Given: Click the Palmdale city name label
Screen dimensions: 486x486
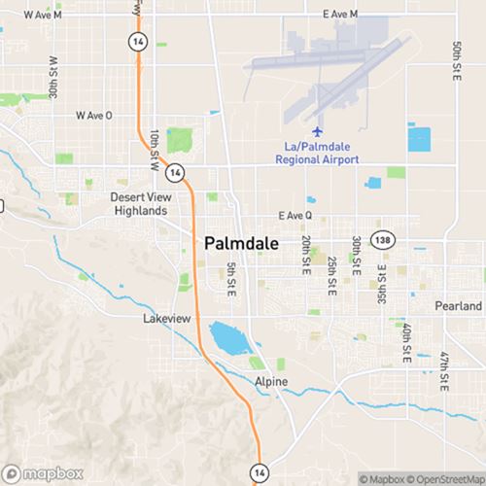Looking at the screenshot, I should click(x=242, y=242).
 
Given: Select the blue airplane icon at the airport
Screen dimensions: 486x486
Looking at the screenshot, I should click(x=315, y=131).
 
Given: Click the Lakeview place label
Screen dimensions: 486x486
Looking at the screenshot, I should click(x=166, y=319).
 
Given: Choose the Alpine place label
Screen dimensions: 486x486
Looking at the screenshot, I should click(x=271, y=382).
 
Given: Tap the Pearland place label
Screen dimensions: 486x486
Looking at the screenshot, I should click(x=458, y=306).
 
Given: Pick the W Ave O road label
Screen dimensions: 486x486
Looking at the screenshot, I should click(x=94, y=115).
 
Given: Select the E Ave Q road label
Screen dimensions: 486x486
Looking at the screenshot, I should click(x=295, y=216).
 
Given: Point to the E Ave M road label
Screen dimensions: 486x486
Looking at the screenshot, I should click(x=339, y=15).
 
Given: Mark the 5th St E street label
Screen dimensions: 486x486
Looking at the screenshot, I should click(x=231, y=280).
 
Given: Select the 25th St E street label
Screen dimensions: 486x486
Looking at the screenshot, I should click(x=331, y=278).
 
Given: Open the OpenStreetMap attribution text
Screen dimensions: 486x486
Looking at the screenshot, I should click(x=447, y=478).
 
